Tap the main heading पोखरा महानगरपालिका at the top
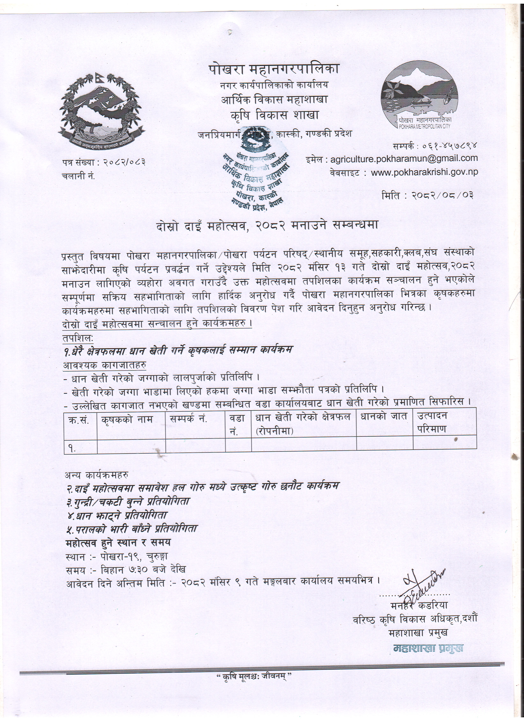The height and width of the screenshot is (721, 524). tap(274, 69)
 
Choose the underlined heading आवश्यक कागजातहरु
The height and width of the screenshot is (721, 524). tap(105, 365)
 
